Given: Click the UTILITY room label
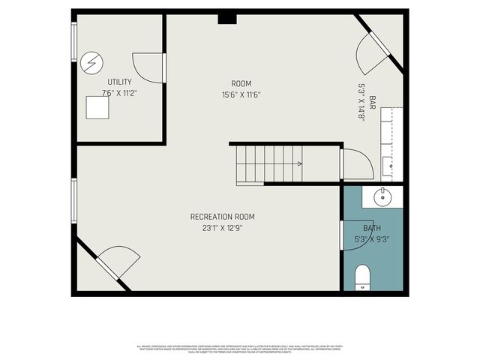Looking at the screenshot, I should (x=119, y=82).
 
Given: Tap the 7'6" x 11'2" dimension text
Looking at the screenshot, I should (x=119, y=93).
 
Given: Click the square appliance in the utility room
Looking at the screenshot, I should (x=97, y=109).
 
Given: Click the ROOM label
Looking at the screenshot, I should (x=241, y=83).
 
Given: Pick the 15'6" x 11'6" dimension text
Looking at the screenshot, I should (x=241, y=95).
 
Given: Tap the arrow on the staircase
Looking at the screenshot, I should (x=299, y=163).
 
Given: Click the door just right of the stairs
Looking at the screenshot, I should (x=354, y=165).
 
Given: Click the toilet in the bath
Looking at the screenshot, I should (x=361, y=277).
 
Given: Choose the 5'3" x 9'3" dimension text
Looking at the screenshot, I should (x=372, y=239).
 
